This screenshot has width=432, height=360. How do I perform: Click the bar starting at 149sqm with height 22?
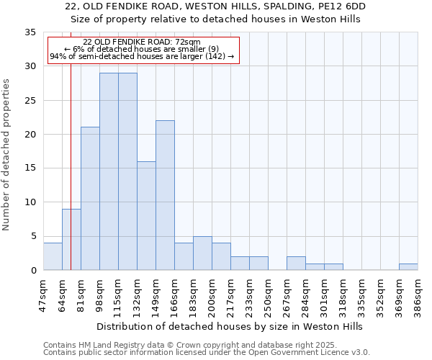click(x=165, y=195)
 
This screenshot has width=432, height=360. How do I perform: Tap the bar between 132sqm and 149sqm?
click(x=146, y=215)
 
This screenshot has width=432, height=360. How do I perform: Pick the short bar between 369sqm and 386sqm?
click(x=408, y=266)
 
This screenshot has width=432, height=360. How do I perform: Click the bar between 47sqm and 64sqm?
click(x=53, y=256)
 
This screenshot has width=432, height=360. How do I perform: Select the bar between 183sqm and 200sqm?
click(x=202, y=253)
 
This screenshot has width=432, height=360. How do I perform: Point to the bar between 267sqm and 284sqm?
click(x=296, y=263)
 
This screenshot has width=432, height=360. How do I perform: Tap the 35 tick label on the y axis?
click(x=30, y=32)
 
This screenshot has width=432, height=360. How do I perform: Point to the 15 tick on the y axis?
click(x=30, y=168)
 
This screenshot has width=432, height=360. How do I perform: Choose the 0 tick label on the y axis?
click(x=32, y=270)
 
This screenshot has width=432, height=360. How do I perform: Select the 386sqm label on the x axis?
click(x=418, y=293)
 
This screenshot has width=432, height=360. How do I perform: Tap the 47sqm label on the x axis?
click(x=43, y=293)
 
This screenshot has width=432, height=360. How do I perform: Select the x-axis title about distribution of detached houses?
click(x=230, y=326)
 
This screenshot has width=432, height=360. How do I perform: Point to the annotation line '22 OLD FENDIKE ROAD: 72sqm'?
click(x=142, y=42)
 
